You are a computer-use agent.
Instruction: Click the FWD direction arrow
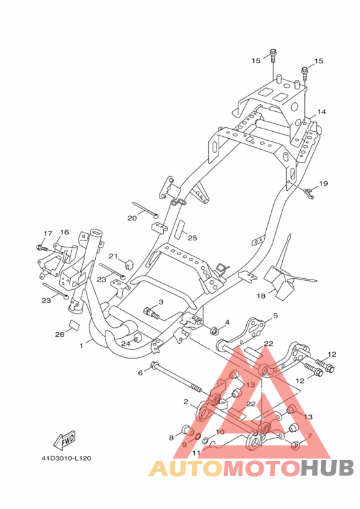point(65,440)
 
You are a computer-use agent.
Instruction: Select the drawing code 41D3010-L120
point(66,458)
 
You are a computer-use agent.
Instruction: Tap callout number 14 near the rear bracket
point(321,112)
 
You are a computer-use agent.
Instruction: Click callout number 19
point(323,183)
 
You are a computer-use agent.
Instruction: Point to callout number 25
point(192,238)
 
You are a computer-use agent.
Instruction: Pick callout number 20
point(132,218)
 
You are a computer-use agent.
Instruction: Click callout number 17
point(48,233)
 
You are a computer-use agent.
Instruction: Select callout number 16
point(64,232)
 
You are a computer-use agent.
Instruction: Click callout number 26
point(60,334)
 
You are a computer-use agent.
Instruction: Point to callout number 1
point(82,346)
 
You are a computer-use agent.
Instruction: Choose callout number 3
point(161,302)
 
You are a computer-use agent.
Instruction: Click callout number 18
point(261,296)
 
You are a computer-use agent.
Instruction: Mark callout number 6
point(140,373)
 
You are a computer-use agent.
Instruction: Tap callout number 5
point(275,315)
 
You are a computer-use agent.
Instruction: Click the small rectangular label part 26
point(75,325)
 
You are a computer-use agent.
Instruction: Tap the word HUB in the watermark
point(327,468)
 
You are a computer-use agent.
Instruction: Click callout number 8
point(172,438)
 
